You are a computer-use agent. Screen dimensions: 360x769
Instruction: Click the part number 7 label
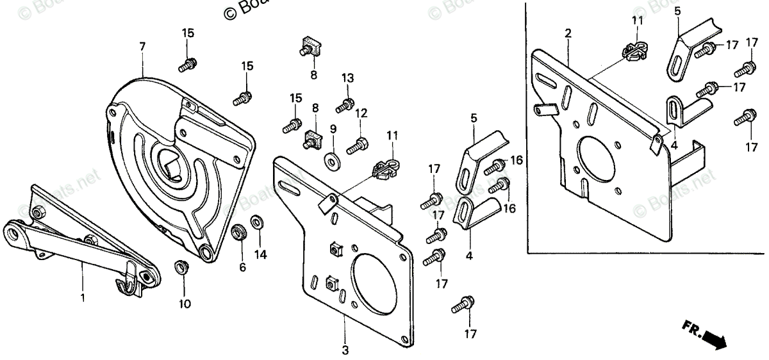point(142,46)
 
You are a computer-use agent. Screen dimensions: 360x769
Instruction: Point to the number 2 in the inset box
point(568,33)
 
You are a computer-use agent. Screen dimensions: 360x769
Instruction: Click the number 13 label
point(347,78)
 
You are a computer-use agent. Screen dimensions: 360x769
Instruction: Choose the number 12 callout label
point(361,113)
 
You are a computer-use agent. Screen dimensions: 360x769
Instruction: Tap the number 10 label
point(185,304)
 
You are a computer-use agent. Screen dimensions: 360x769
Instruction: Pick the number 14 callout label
point(260,254)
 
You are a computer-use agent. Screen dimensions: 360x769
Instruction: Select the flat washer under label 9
point(332,158)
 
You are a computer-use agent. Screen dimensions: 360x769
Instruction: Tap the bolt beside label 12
point(356,146)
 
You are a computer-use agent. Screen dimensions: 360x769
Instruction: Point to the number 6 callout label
point(243,268)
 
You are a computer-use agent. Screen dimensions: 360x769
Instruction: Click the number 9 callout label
point(333,129)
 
